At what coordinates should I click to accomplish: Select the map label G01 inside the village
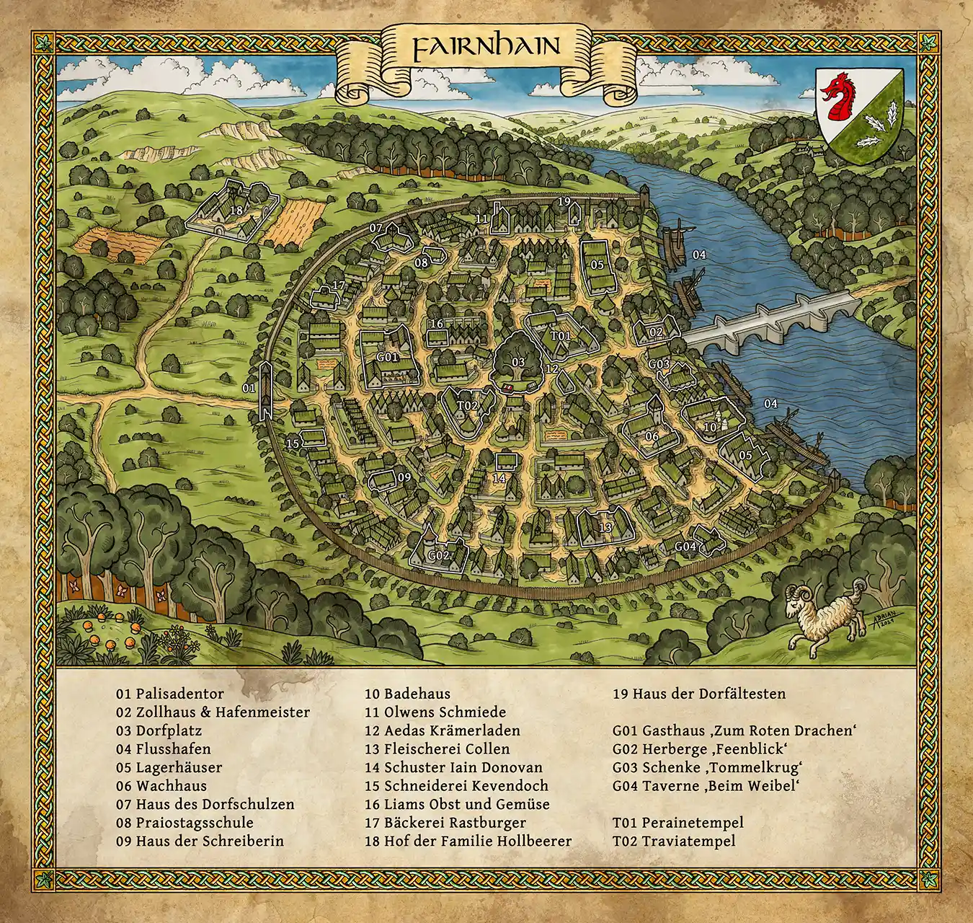pos(387,357)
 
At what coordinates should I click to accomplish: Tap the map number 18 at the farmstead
pos(236,211)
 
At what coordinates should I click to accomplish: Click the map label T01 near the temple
pos(560,337)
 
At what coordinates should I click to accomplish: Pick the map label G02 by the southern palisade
pos(438,555)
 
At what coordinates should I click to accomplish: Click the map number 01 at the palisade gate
pos(249,388)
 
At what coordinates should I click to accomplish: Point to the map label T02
pos(467,406)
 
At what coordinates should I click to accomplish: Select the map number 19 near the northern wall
pos(564,201)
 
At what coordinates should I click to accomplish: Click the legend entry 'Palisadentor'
pos(170,694)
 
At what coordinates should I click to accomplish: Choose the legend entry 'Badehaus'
pos(407,694)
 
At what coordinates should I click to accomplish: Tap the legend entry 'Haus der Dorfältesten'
pos(699,694)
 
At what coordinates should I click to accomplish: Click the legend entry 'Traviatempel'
pos(674,841)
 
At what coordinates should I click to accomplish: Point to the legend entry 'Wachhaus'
pos(161,786)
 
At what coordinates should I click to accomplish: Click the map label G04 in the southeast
pos(685,547)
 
